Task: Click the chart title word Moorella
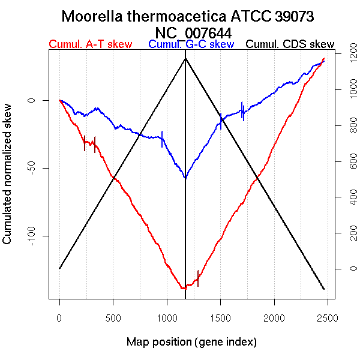(x=95, y=16)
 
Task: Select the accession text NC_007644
(x=193, y=32)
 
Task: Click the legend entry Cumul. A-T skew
(x=90, y=44)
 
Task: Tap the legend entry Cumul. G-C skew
(x=191, y=44)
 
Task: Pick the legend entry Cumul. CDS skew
(x=290, y=44)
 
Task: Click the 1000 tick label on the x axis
(x=167, y=316)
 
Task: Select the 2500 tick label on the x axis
(x=328, y=316)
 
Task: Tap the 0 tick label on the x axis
(x=59, y=316)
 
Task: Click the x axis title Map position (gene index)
(x=191, y=342)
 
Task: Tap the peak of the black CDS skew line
(x=185, y=58)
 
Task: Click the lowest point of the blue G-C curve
(x=185, y=178)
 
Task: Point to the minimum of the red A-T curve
(x=182, y=289)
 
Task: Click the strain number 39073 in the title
(x=294, y=16)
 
